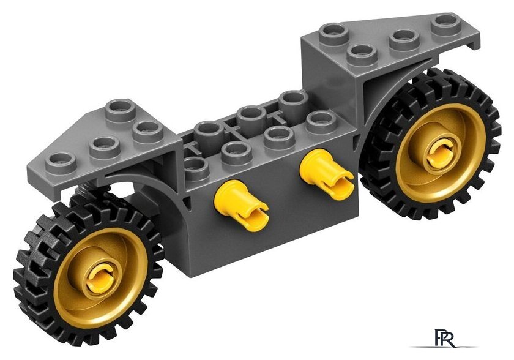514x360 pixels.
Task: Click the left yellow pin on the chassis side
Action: (241, 203)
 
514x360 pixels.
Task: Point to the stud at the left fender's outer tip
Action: (61, 162)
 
